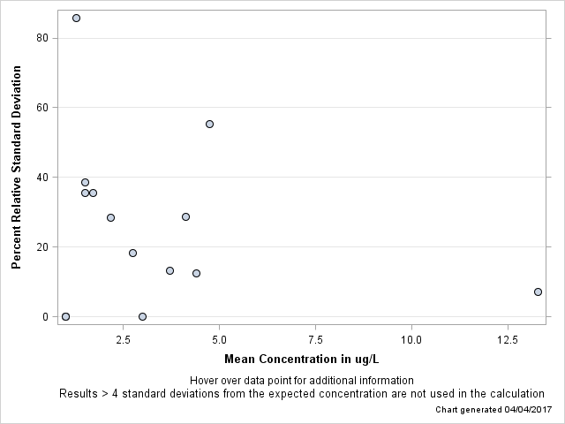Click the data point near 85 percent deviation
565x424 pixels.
click(x=76, y=18)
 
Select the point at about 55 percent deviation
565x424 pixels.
click(x=209, y=124)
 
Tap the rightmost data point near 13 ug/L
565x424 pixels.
click(x=538, y=291)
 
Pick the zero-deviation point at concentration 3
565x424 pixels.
click(x=142, y=316)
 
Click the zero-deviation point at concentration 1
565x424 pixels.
click(x=65, y=316)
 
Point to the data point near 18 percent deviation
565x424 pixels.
click(x=132, y=253)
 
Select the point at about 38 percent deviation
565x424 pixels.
click(x=85, y=182)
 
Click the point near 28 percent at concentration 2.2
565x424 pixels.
click(x=110, y=217)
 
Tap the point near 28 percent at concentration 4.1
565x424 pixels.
click(x=185, y=216)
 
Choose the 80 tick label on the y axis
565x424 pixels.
click(x=41, y=38)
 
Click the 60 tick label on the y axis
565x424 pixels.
click(x=41, y=108)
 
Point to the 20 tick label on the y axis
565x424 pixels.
click(x=41, y=247)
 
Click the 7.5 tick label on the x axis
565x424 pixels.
click(x=315, y=339)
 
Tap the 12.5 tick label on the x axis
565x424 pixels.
click(x=507, y=339)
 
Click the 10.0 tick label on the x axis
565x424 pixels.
click(x=411, y=339)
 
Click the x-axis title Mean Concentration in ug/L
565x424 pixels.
click(x=301, y=359)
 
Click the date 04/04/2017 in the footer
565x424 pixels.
click(x=527, y=410)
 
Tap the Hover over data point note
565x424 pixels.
click(x=301, y=380)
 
